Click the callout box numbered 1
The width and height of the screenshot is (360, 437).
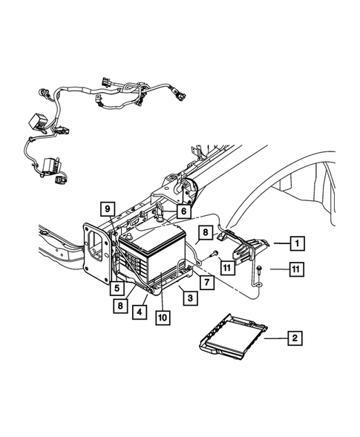coord(296,243)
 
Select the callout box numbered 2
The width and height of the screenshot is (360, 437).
coord(295,338)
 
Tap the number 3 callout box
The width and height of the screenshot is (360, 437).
coord(191,298)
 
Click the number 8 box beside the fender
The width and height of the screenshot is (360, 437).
coord(204,234)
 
